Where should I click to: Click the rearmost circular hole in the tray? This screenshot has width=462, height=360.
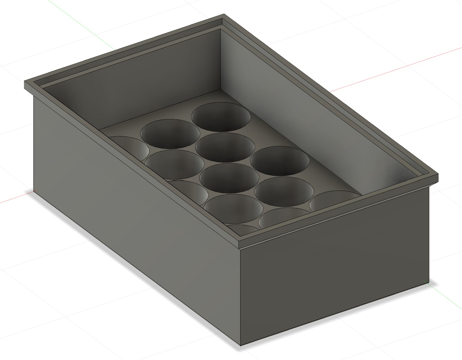coord(221,117)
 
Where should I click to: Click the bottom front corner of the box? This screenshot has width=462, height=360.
coord(241,345)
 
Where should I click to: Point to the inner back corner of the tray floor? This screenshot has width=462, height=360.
coord(220,89)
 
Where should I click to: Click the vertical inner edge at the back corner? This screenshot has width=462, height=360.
coord(220,59)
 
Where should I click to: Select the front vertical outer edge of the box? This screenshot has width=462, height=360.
coord(240,297)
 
